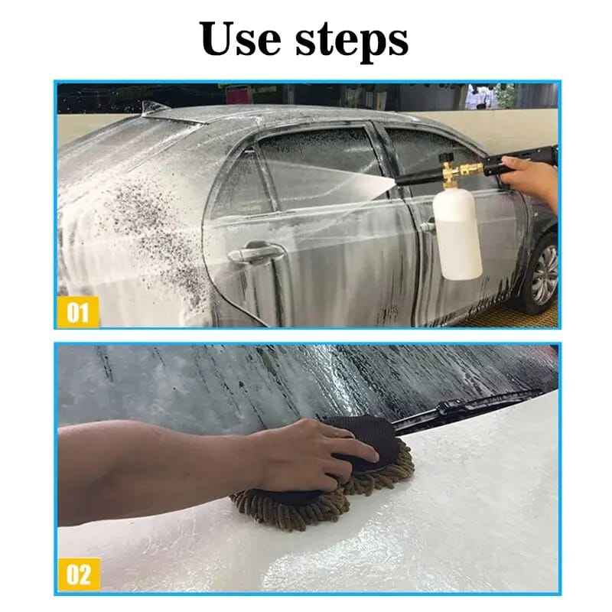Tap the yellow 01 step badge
[x=76, y=313]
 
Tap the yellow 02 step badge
[x=76, y=575]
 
